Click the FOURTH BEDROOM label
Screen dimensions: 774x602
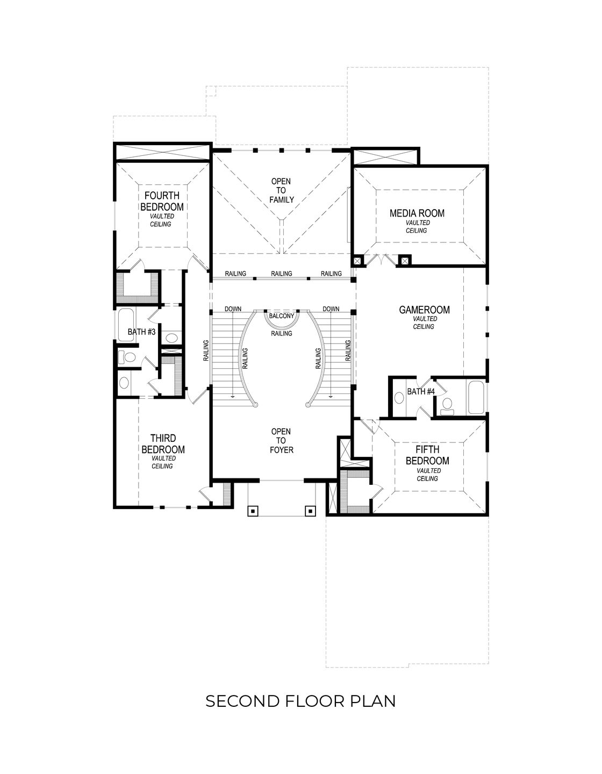tap(162, 202)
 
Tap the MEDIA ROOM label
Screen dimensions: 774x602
tap(417, 213)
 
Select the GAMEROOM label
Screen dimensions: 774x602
tap(424, 310)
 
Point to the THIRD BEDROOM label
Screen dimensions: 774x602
tap(162, 443)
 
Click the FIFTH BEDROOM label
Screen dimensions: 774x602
tap(427, 455)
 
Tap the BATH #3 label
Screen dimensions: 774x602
tap(141, 332)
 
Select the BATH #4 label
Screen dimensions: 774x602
tap(420, 391)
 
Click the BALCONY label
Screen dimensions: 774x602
tap(281, 316)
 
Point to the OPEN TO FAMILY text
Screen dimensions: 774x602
tap(282, 190)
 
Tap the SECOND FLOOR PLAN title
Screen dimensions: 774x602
tap(300, 701)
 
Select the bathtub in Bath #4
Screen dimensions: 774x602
tap(476, 398)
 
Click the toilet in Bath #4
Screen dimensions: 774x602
tap(447, 406)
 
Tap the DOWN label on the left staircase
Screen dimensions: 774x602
tap(233, 309)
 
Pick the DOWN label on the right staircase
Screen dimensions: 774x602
tap(331, 309)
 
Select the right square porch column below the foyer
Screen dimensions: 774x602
tap(310, 511)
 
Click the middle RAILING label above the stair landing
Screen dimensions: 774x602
tap(281, 274)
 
